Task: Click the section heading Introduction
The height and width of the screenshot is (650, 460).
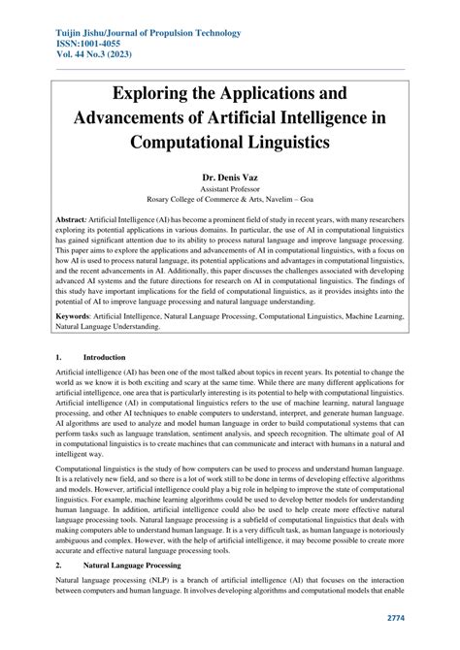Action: click(105, 357)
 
